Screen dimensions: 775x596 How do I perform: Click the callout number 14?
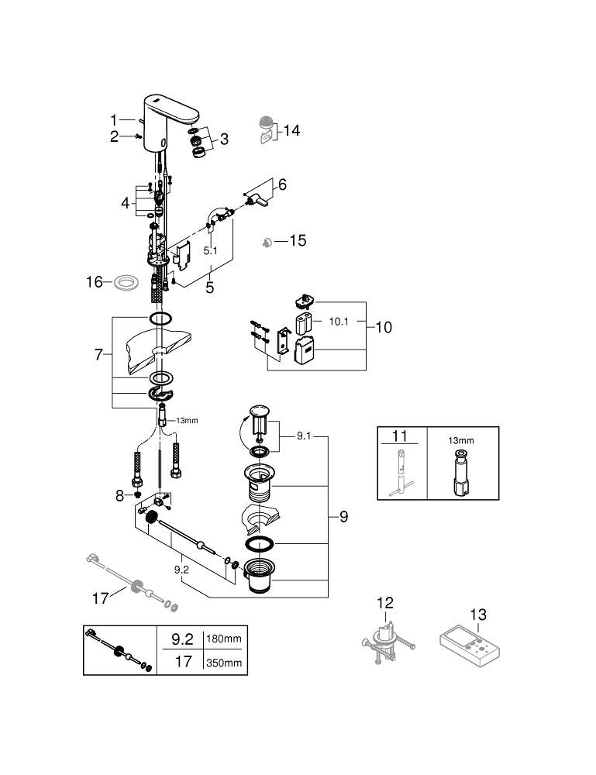(x=291, y=131)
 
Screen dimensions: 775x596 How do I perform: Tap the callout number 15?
(x=297, y=241)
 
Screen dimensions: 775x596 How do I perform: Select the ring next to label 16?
(x=122, y=282)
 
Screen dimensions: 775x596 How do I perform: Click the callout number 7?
(x=98, y=354)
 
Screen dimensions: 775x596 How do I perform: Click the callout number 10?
(x=383, y=327)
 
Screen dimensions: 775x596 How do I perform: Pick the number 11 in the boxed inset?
(x=400, y=436)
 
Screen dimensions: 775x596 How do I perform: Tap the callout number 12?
(x=385, y=602)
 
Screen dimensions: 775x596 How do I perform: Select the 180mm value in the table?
(x=225, y=639)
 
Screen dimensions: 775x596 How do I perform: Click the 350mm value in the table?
(x=225, y=663)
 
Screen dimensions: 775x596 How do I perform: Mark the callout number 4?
(x=126, y=203)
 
